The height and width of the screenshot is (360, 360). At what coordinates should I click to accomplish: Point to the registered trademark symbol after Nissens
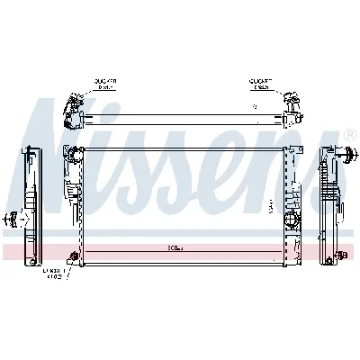[349, 135]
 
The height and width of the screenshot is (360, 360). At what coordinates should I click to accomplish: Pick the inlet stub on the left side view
[12, 217]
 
